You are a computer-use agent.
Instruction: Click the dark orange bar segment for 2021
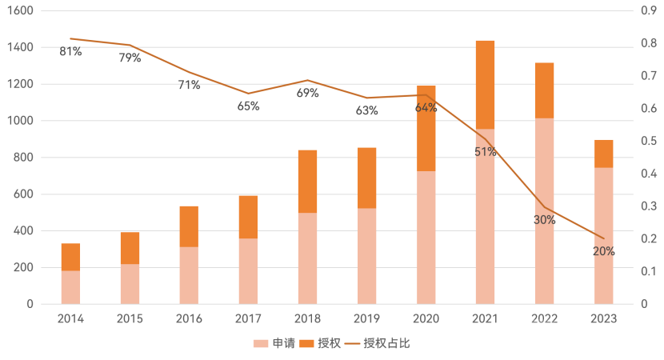pos(485,84)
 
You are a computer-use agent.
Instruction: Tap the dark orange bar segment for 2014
pos(70,257)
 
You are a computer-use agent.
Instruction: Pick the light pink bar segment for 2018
pos(307,258)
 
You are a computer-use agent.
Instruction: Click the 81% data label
pos(70,52)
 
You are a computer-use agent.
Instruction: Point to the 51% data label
pos(485,151)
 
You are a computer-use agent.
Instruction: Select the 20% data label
pos(604,250)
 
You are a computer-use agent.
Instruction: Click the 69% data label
pos(307,93)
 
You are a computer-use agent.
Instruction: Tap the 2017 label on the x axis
pos(248,318)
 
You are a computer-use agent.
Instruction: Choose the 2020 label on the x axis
pos(426,318)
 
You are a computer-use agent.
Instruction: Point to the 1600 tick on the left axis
pos(23,11)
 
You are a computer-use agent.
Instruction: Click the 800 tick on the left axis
pos(26,158)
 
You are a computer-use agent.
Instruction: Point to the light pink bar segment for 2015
pos(130,283)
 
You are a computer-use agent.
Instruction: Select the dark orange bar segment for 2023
pos(604,153)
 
